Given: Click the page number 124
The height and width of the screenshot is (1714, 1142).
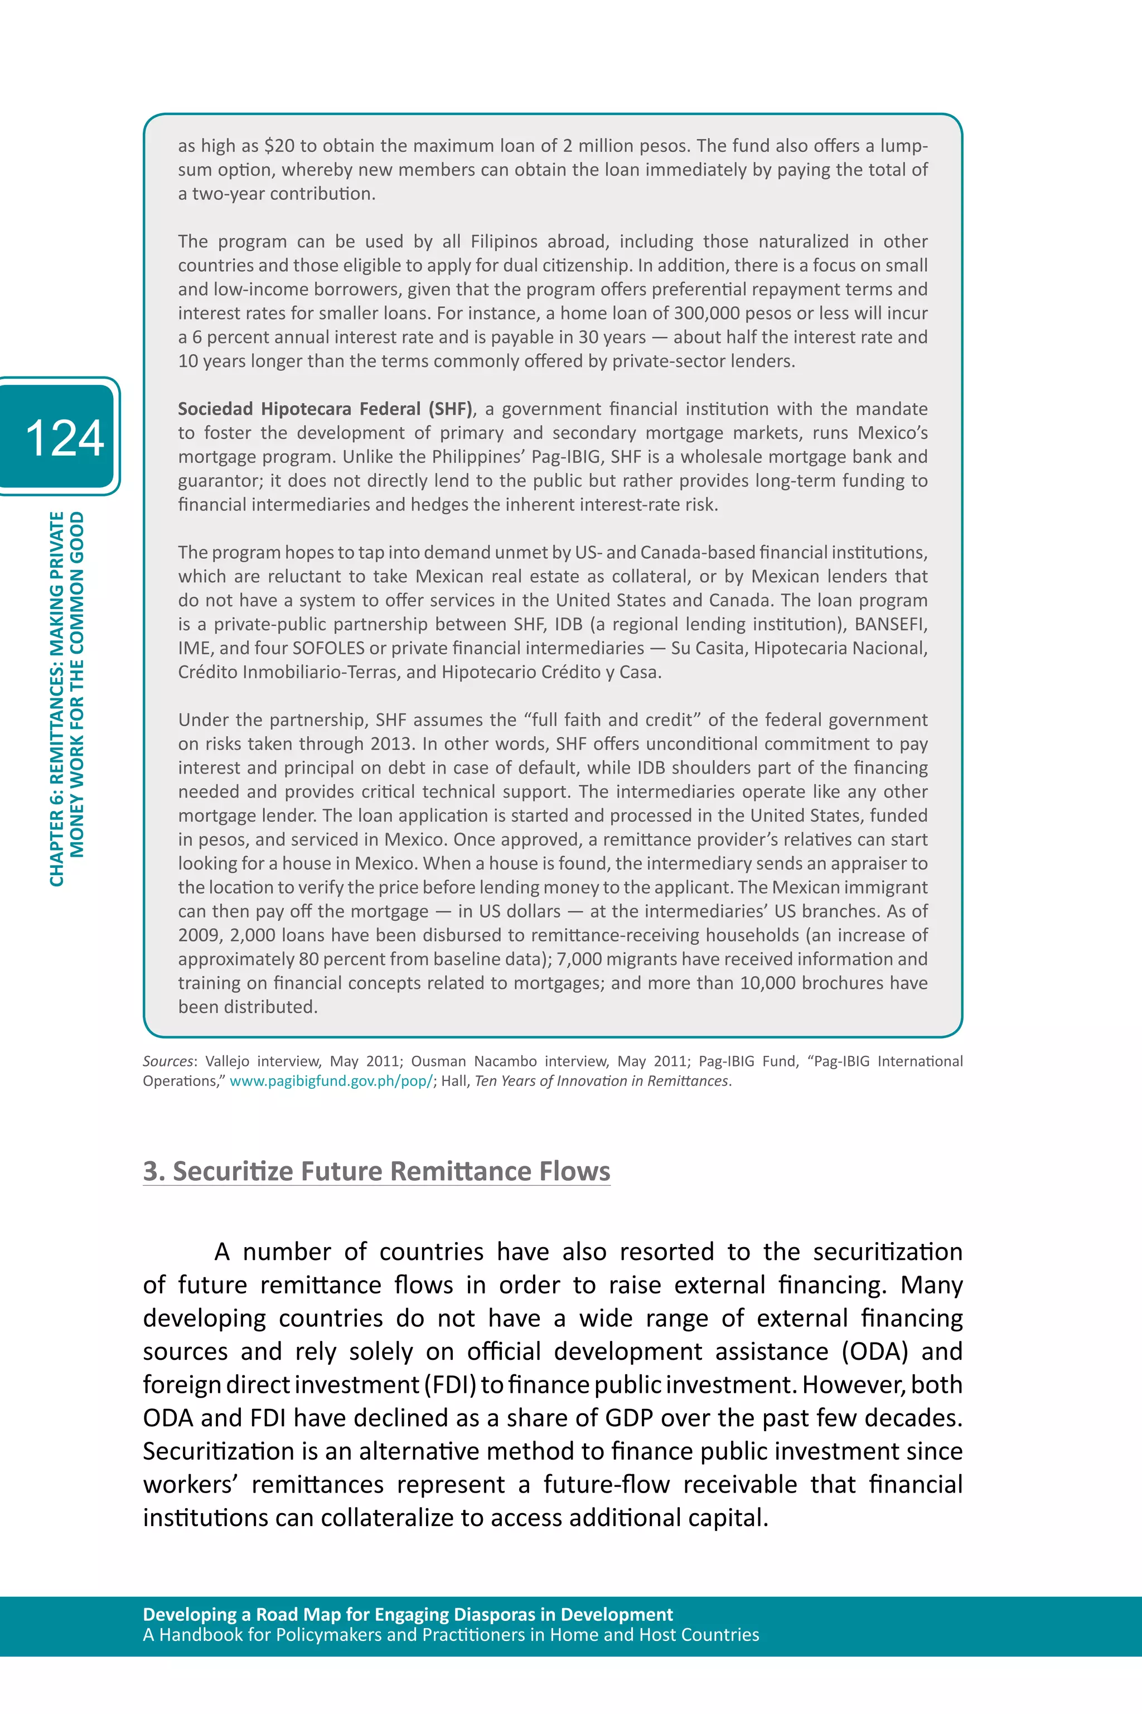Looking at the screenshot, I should (64, 438).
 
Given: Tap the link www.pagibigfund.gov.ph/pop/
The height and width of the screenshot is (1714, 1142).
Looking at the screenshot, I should (331, 1081).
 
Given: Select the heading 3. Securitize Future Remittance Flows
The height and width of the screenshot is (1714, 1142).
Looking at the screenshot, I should (376, 1171).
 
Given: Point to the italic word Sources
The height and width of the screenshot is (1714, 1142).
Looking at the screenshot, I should (167, 1061).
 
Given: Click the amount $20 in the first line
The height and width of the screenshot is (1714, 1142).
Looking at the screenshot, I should (279, 146).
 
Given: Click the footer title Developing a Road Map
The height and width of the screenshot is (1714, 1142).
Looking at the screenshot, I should (408, 1614).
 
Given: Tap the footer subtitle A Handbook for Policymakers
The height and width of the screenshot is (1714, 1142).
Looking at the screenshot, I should (450, 1635).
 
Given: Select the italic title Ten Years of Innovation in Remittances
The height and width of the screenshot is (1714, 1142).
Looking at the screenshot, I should (601, 1081).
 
